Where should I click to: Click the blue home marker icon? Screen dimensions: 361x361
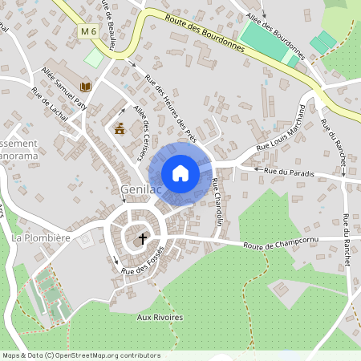[x=180, y=173]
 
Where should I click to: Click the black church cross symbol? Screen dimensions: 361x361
[x=144, y=238]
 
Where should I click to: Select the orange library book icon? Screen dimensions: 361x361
[x=86, y=86]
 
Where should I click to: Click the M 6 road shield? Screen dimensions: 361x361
[x=88, y=30]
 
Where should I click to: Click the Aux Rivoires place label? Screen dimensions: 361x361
[x=160, y=317]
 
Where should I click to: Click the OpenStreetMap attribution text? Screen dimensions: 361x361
[x=80, y=355]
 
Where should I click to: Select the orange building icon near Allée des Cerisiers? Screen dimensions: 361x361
[x=120, y=129]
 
